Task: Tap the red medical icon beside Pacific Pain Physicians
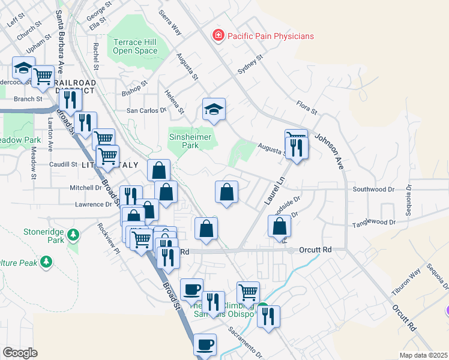point(218,36)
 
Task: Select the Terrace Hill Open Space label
point(135,46)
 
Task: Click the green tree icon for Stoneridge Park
point(73,233)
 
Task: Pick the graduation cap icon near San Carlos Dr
point(214,109)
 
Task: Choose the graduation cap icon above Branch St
point(23,68)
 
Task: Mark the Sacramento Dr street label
point(246,342)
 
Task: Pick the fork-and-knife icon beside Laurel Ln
point(297,147)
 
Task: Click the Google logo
point(20,352)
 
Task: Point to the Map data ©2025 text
point(423,355)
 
